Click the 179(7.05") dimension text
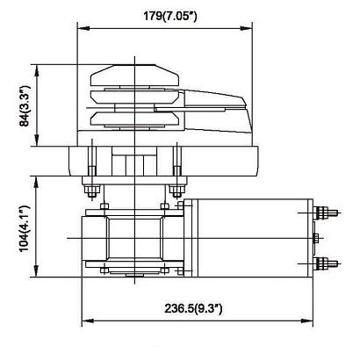(169, 16)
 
